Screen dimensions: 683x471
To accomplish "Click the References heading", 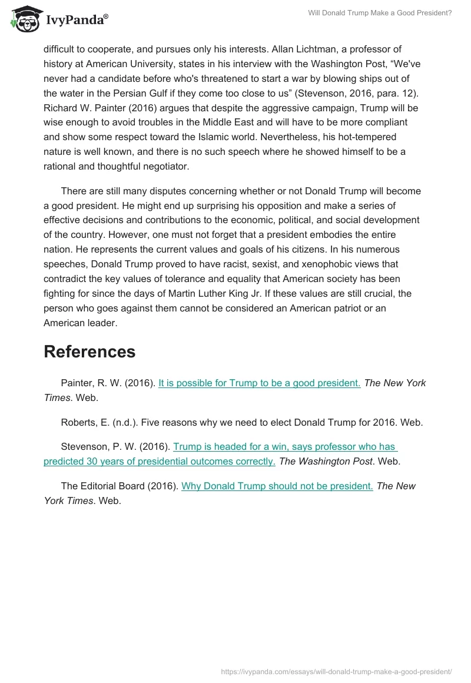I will click(89, 352).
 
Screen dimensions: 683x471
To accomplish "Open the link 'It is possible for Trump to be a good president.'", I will click(260, 383).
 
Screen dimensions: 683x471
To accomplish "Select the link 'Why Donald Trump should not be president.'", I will click(277, 486).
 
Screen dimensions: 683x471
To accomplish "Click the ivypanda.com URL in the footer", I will click(336, 671).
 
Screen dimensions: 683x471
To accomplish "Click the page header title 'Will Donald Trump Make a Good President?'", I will click(380, 12).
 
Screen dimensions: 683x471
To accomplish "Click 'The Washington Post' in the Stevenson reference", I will click(326, 461).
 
